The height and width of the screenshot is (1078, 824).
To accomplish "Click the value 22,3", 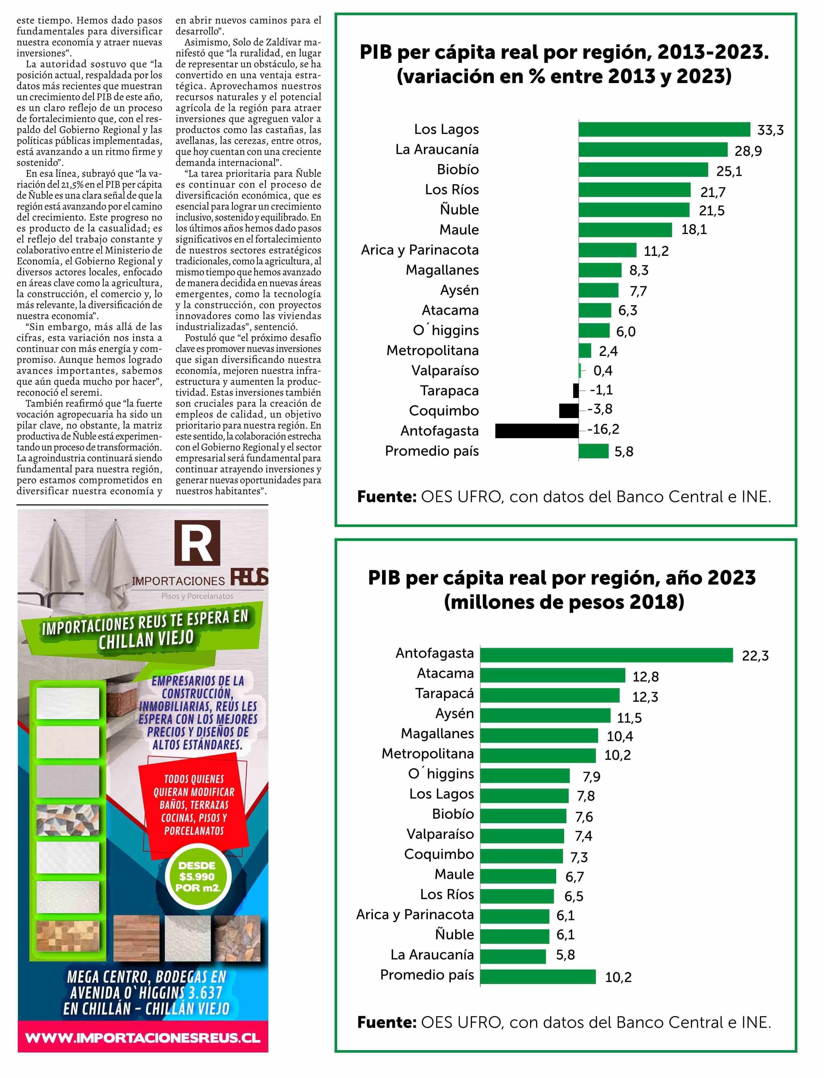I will (755, 656).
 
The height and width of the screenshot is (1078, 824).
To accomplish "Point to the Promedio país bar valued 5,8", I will (593, 451).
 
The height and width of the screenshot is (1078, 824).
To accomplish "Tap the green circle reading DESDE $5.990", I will (197, 876).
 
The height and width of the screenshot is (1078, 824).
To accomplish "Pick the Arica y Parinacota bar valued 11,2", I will (607, 250).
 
